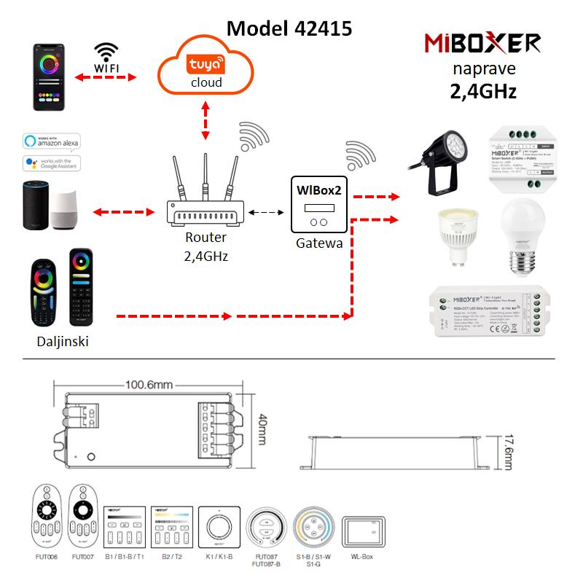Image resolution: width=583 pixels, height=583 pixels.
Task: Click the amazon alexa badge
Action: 50,141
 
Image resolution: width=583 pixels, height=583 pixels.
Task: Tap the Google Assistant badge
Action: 50,162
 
